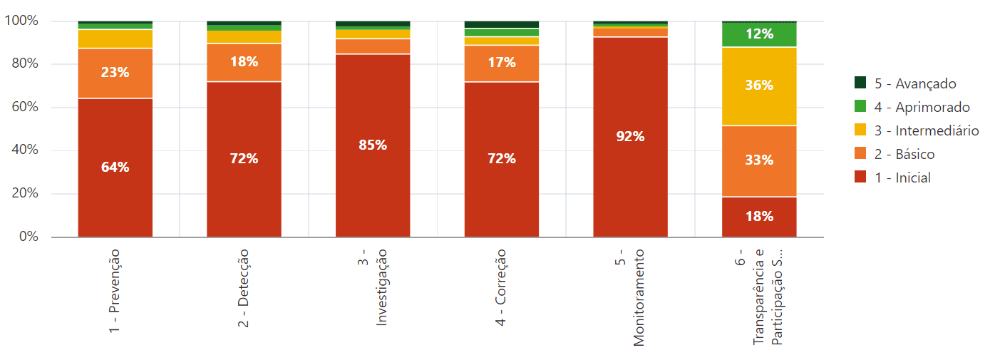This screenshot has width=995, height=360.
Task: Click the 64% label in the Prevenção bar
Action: pos(115,168)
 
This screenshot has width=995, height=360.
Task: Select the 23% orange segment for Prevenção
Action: pos(115,73)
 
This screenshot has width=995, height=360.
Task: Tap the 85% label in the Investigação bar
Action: pos(373,145)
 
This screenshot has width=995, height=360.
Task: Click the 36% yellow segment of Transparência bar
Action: pos(759,86)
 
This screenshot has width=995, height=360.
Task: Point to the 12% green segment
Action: pos(759,34)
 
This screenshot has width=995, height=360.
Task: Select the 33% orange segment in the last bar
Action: pos(759,160)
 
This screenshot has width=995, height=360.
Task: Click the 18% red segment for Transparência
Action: pos(759,217)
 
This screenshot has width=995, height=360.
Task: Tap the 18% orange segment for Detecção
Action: pos(244,62)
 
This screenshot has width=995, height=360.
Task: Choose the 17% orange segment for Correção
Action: pos(502,63)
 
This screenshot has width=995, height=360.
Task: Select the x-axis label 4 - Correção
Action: pos(502,288)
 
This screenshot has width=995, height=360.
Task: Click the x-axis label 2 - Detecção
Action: pos(244,288)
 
